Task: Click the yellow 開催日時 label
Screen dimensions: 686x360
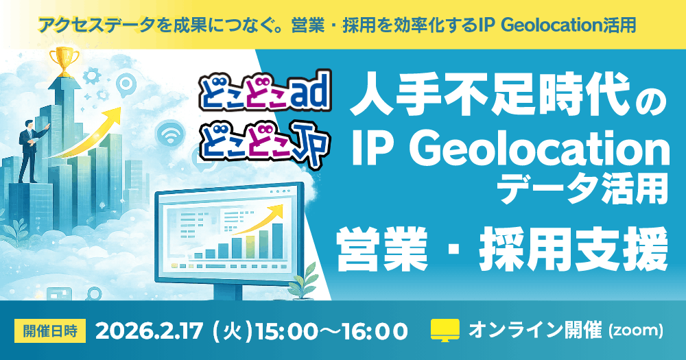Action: (x=50, y=331)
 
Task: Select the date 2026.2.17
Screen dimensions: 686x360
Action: (x=149, y=331)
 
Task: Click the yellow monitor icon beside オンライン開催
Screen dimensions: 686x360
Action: (x=445, y=331)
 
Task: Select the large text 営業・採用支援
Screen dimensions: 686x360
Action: (x=501, y=250)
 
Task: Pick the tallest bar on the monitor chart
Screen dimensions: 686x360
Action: (x=277, y=241)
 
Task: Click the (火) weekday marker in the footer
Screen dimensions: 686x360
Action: (x=233, y=332)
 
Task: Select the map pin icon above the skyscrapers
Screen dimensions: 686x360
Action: (x=126, y=85)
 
